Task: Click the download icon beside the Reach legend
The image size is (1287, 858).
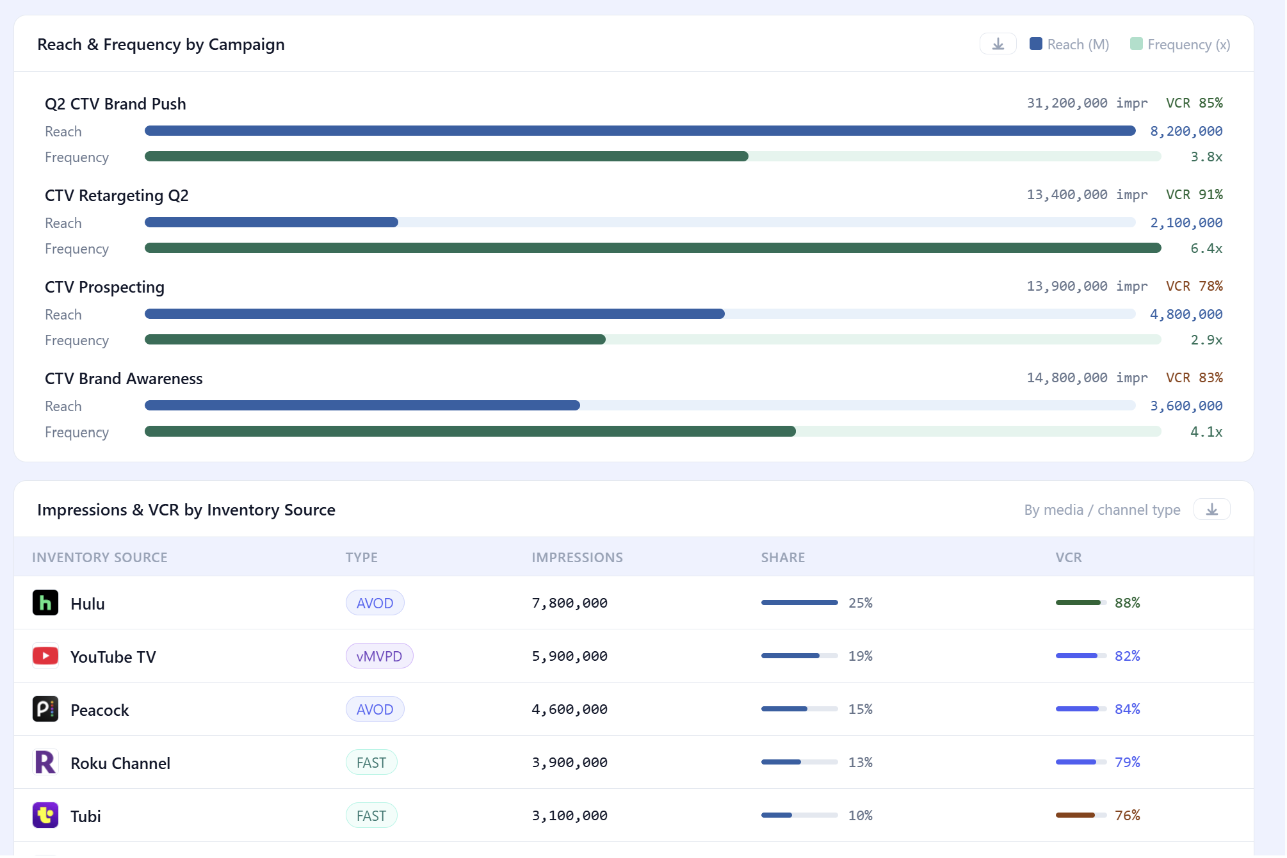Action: (x=998, y=44)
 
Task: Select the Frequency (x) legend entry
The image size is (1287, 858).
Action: (x=1180, y=44)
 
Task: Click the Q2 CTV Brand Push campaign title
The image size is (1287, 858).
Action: (x=115, y=104)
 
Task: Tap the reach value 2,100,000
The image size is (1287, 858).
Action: (x=1186, y=223)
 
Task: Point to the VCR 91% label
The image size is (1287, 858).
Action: (x=1194, y=195)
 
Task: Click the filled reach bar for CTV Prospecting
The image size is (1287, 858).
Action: (x=435, y=314)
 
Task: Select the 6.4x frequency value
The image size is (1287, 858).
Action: (x=1206, y=248)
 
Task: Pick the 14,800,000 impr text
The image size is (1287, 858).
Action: (x=1087, y=378)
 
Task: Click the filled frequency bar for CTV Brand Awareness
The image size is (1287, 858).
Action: (x=470, y=432)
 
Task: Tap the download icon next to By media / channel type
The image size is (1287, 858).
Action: (x=1211, y=510)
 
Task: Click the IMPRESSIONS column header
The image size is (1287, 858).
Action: (x=577, y=558)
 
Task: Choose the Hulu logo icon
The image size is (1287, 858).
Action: (x=45, y=603)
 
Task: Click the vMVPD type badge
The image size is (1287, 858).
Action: (x=379, y=656)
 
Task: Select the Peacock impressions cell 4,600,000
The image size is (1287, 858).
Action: (x=569, y=709)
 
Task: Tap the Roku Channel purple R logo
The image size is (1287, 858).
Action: (x=45, y=763)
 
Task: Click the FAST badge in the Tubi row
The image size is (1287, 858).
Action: (x=371, y=816)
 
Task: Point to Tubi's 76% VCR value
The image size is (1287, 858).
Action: (x=1128, y=816)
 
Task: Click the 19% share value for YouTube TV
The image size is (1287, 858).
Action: (x=861, y=656)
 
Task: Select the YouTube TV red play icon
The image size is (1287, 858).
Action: (x=45, y=656)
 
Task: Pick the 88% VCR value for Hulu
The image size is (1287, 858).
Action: (x=1128, y=603)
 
